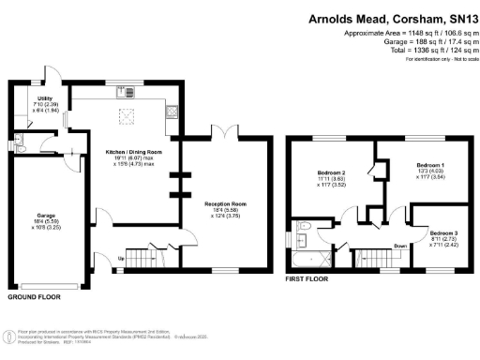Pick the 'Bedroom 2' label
point(330,172)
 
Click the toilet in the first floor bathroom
point(303,227)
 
